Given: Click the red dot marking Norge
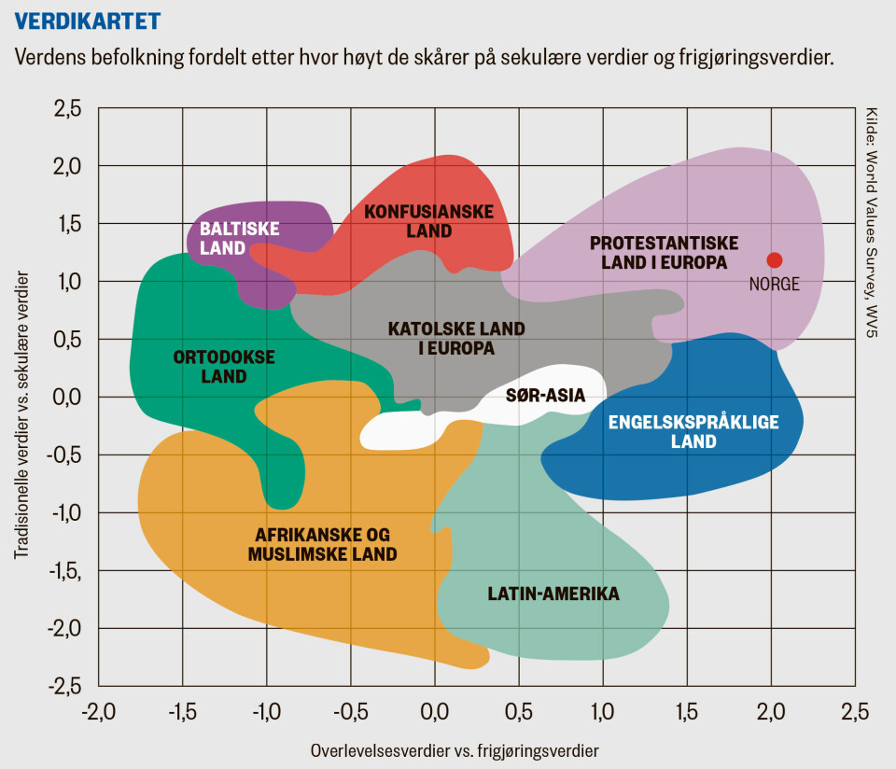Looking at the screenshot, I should click(x=774, y=260).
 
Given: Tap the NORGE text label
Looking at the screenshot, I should click(x=775, y=285).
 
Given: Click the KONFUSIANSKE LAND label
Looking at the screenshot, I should click(x=428, y=221).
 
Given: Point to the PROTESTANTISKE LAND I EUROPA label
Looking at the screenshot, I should click(x=664, y=253).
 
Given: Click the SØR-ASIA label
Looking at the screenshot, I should click(x=545, y=396).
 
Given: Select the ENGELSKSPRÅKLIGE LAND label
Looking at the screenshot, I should click(x=693, y=432).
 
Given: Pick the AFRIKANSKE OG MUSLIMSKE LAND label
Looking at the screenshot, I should click(x=322, y=544).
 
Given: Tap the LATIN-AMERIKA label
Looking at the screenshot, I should click(x=553, y=594).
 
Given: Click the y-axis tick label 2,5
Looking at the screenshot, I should click(x=64, y=109).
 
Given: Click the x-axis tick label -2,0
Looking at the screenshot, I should click(x=98, y=714).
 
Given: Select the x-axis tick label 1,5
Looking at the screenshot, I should click(x=687, y=714).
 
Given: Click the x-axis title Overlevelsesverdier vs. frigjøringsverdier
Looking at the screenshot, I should click(x=455, y=750).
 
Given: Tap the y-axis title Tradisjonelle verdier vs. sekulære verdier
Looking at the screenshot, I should click(x=21, y=415).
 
